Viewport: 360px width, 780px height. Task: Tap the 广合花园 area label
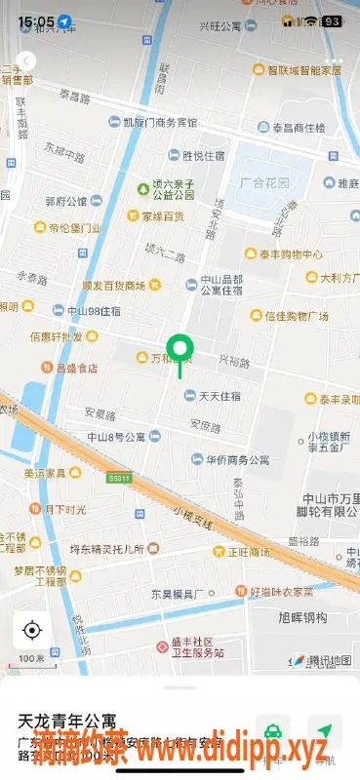tap(267, 183)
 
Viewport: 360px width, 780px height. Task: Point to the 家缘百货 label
tap(162, 215)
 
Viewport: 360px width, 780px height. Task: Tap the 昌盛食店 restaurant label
tap(76, 368)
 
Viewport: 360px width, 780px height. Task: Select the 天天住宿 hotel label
tap(220, 396)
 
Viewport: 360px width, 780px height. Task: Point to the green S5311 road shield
tap(119, 479)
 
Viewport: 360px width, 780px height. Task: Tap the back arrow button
tap(27, 61)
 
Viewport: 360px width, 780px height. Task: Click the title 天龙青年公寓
tap(73, 722)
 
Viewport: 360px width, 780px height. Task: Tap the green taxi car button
tap(274, 730)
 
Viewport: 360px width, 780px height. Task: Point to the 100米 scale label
tap(31, 659)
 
